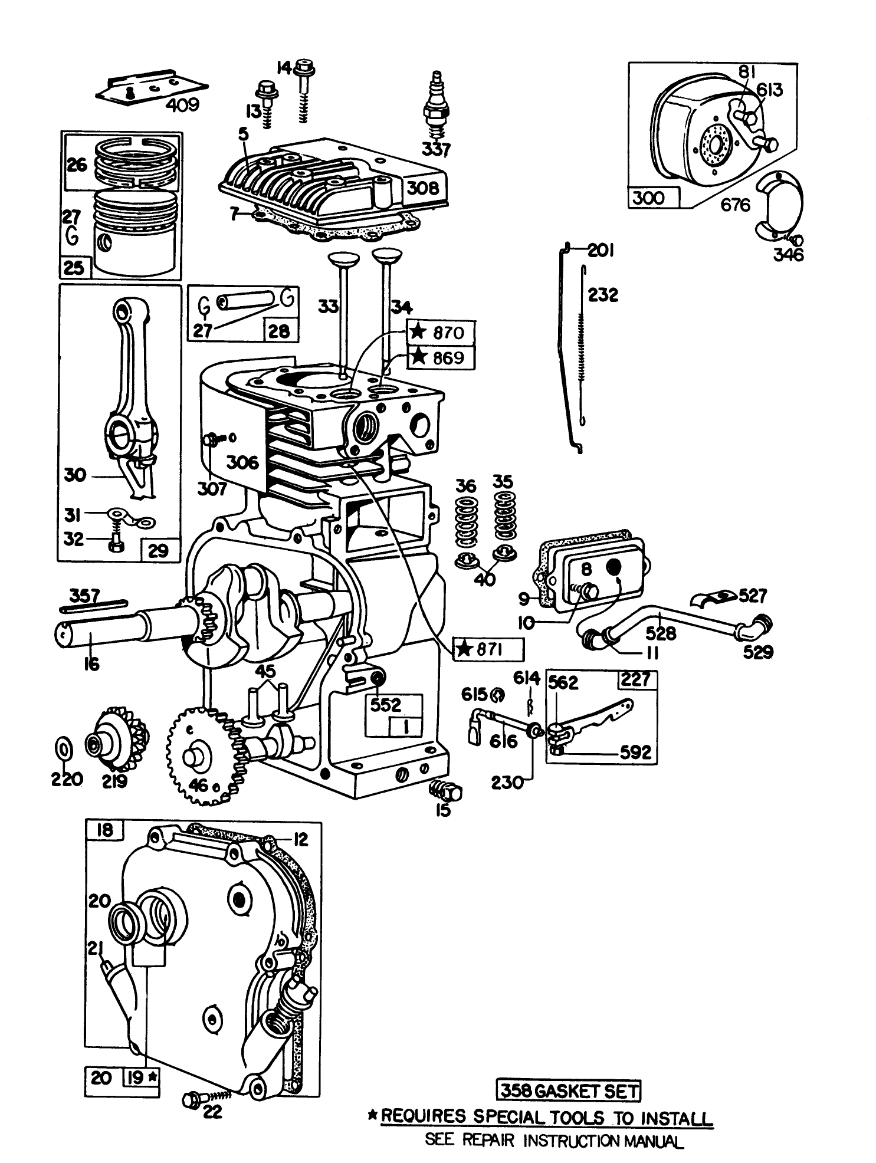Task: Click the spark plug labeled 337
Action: pyautogui.click(x=435, y=109)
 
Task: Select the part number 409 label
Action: pyautogui.click(x=182, y=105)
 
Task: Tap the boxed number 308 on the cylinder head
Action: pyautogui.click(x=424, y=188)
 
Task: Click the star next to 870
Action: pyautogui.click(x=418, y=332)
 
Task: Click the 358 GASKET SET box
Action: pyautogui.click(x=568, y=1091)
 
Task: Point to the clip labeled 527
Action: pyautogui.click(x=713, y=599)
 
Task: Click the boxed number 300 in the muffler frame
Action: pyautogui.click(x=648, y=198)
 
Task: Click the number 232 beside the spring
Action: pyautogui.click(x=603, y=294)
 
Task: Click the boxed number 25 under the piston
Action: pyautogui.click(x=73, y=268)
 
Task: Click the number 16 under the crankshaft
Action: pyautogui.click(x=91, y=663)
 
